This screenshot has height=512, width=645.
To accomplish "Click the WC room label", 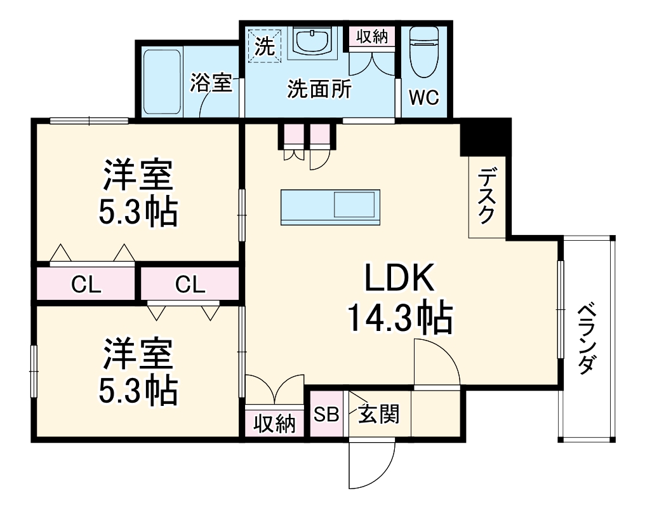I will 423,98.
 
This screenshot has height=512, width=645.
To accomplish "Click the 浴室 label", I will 211,83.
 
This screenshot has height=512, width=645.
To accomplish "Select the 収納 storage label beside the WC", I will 371,36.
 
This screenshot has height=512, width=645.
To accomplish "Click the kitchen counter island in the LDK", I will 329,206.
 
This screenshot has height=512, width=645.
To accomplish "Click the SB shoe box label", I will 327,415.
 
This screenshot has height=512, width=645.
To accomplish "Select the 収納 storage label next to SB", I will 276,423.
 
